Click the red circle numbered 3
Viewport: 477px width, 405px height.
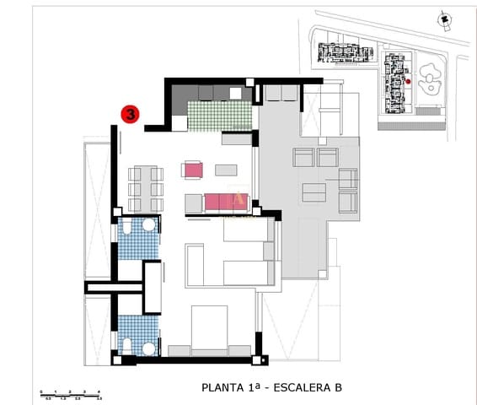pos(131,113)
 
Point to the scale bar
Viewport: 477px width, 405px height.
pos(71,394)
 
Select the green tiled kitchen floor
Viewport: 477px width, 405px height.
pos(220,115)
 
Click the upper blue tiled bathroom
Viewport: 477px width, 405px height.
pos(137,240)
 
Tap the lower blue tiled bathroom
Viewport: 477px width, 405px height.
pos(137,333)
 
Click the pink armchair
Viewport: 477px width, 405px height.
pos(193,170)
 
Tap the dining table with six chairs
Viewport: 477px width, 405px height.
pos(145,187)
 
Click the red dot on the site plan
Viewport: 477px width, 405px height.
pos(408,81)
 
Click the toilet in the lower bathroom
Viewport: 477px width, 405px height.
pos(126,345)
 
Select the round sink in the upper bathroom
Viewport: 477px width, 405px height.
pos(149,225)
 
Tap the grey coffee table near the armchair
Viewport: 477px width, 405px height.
pos(226,170)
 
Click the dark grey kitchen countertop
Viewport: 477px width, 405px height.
pos(211,93)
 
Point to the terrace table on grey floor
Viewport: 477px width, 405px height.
pos(314,192)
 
